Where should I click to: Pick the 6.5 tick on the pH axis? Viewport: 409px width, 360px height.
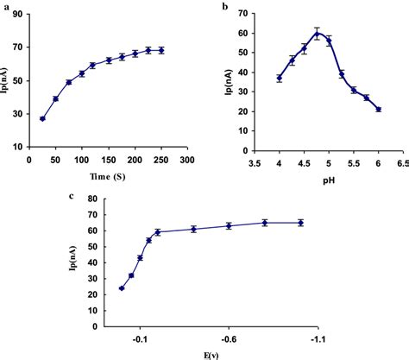tap(402, 161)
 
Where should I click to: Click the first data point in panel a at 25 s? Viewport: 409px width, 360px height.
tap(42, 118)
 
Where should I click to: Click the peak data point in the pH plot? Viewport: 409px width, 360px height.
tap(318, 34)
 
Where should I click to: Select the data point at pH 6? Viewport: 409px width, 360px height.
tap(378, 110)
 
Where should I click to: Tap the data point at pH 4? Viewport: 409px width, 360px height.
tap(280, 78)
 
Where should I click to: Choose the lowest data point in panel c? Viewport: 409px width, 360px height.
tap(122, 288)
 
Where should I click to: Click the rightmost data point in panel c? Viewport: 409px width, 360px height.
tap(300, 223)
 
